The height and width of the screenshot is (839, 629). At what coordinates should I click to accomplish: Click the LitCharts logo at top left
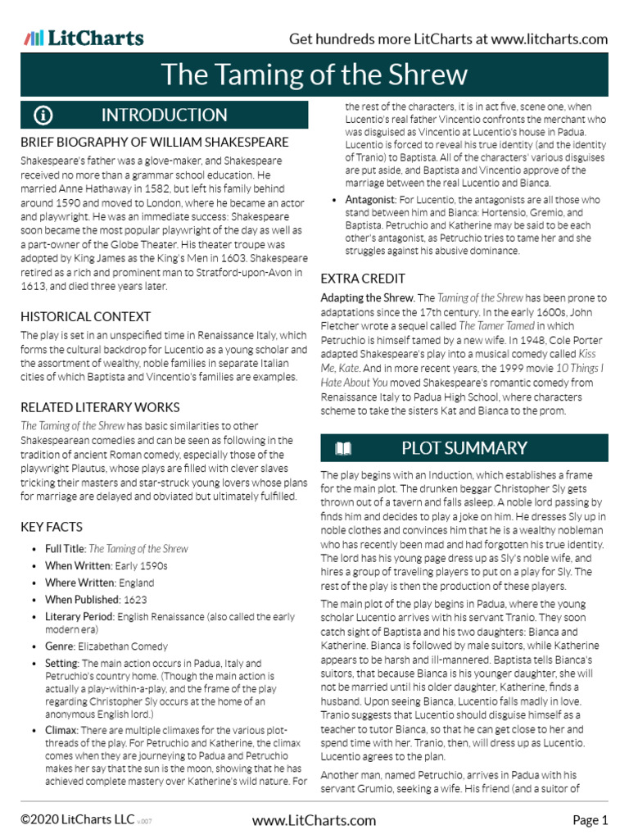pyautogui.click(x=84, y=39)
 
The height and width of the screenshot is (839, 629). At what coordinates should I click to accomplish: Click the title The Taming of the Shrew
pyautogui.click(x=314, y=75)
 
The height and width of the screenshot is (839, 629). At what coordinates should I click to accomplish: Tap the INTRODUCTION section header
pyautogui.click(x=164, y=115)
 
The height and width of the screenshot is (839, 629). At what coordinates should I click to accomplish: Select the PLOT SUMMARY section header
pyautogui.click(x=464, y=448)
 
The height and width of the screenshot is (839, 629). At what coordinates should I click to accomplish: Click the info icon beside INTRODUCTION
pyautogui.click(x=43, y=115)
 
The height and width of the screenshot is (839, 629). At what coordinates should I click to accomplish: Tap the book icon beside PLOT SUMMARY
pyautogui.click(x=343, y=448)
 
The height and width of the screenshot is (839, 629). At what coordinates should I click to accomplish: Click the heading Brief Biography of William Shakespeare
pyautogui.click(x=155, y=143)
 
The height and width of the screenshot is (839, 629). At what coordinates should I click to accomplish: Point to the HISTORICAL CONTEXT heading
pyautogui.click(x=86, y=317)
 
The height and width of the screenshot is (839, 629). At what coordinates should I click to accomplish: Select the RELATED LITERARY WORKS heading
pyautogui.click(x=100, y=407)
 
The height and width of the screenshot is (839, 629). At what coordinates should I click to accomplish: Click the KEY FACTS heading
pyautogui.click(x=53, y=528)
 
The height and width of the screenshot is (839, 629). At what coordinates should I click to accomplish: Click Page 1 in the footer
pyautogui.click(x=590, y=820)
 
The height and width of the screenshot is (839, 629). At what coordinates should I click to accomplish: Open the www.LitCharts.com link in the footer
pyautogui.click(x=314, y=820)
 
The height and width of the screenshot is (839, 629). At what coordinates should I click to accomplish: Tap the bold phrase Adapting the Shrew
pyautogui.click(x=366, y=297)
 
